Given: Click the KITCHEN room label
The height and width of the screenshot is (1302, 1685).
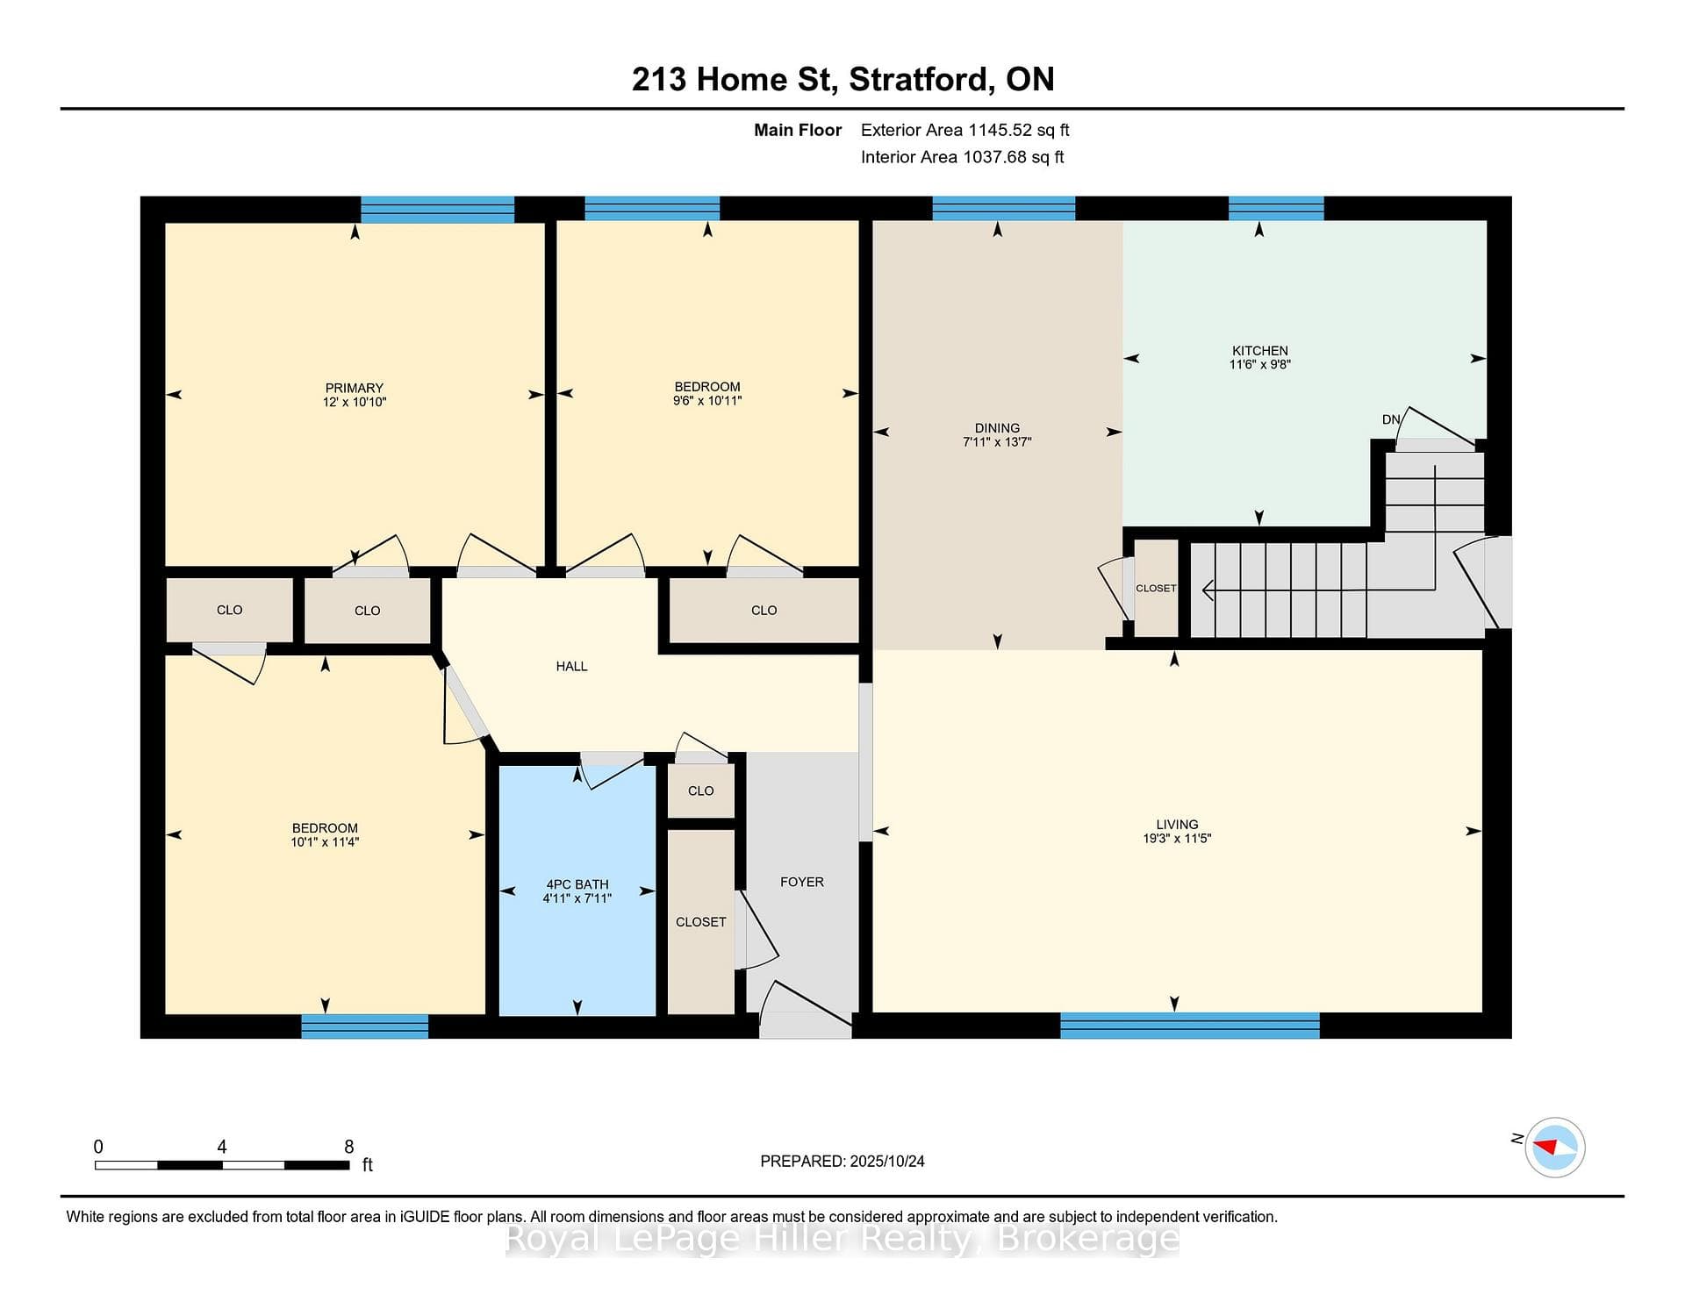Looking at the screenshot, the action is click(1259, 350).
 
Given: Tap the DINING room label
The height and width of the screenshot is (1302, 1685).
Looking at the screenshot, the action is click(997, 428).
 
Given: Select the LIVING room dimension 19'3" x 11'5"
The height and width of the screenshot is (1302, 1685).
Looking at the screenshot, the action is click(1176, 839).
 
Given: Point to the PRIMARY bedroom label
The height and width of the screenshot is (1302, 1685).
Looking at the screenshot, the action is click(355, 388).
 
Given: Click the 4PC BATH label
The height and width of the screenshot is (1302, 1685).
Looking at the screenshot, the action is click(577, 884).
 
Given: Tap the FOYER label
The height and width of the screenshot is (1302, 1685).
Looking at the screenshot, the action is click(802, 882).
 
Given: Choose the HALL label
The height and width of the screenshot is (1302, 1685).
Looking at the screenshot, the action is click(571, 666).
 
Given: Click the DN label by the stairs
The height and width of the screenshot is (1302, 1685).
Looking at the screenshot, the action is click(1391, 419).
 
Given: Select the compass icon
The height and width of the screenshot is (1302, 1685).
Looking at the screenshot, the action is click(1555, 1147).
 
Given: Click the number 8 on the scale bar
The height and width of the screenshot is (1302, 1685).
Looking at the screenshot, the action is click(349, 1147).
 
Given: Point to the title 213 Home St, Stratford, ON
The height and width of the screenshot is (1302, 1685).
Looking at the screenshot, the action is click(842, 80).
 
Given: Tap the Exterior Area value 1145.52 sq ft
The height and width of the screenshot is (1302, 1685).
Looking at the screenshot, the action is click(1019, 130).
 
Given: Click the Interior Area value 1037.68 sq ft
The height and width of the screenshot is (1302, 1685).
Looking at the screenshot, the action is click(1014, 157).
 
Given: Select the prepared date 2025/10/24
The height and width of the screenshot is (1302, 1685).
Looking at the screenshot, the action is click(886, 1161).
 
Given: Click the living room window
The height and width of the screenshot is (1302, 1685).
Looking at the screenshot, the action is click(1190, 1026).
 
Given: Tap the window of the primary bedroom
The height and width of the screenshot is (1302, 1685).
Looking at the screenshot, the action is click(438, 210).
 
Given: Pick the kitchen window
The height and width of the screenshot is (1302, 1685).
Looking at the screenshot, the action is click(1276, 209).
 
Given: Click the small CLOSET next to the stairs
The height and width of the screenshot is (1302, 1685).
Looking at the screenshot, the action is click(1156, 588).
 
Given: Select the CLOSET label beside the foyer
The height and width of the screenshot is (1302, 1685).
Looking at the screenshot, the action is click(700, 922).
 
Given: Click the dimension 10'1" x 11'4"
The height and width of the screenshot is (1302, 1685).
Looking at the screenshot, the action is click(325, 842).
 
